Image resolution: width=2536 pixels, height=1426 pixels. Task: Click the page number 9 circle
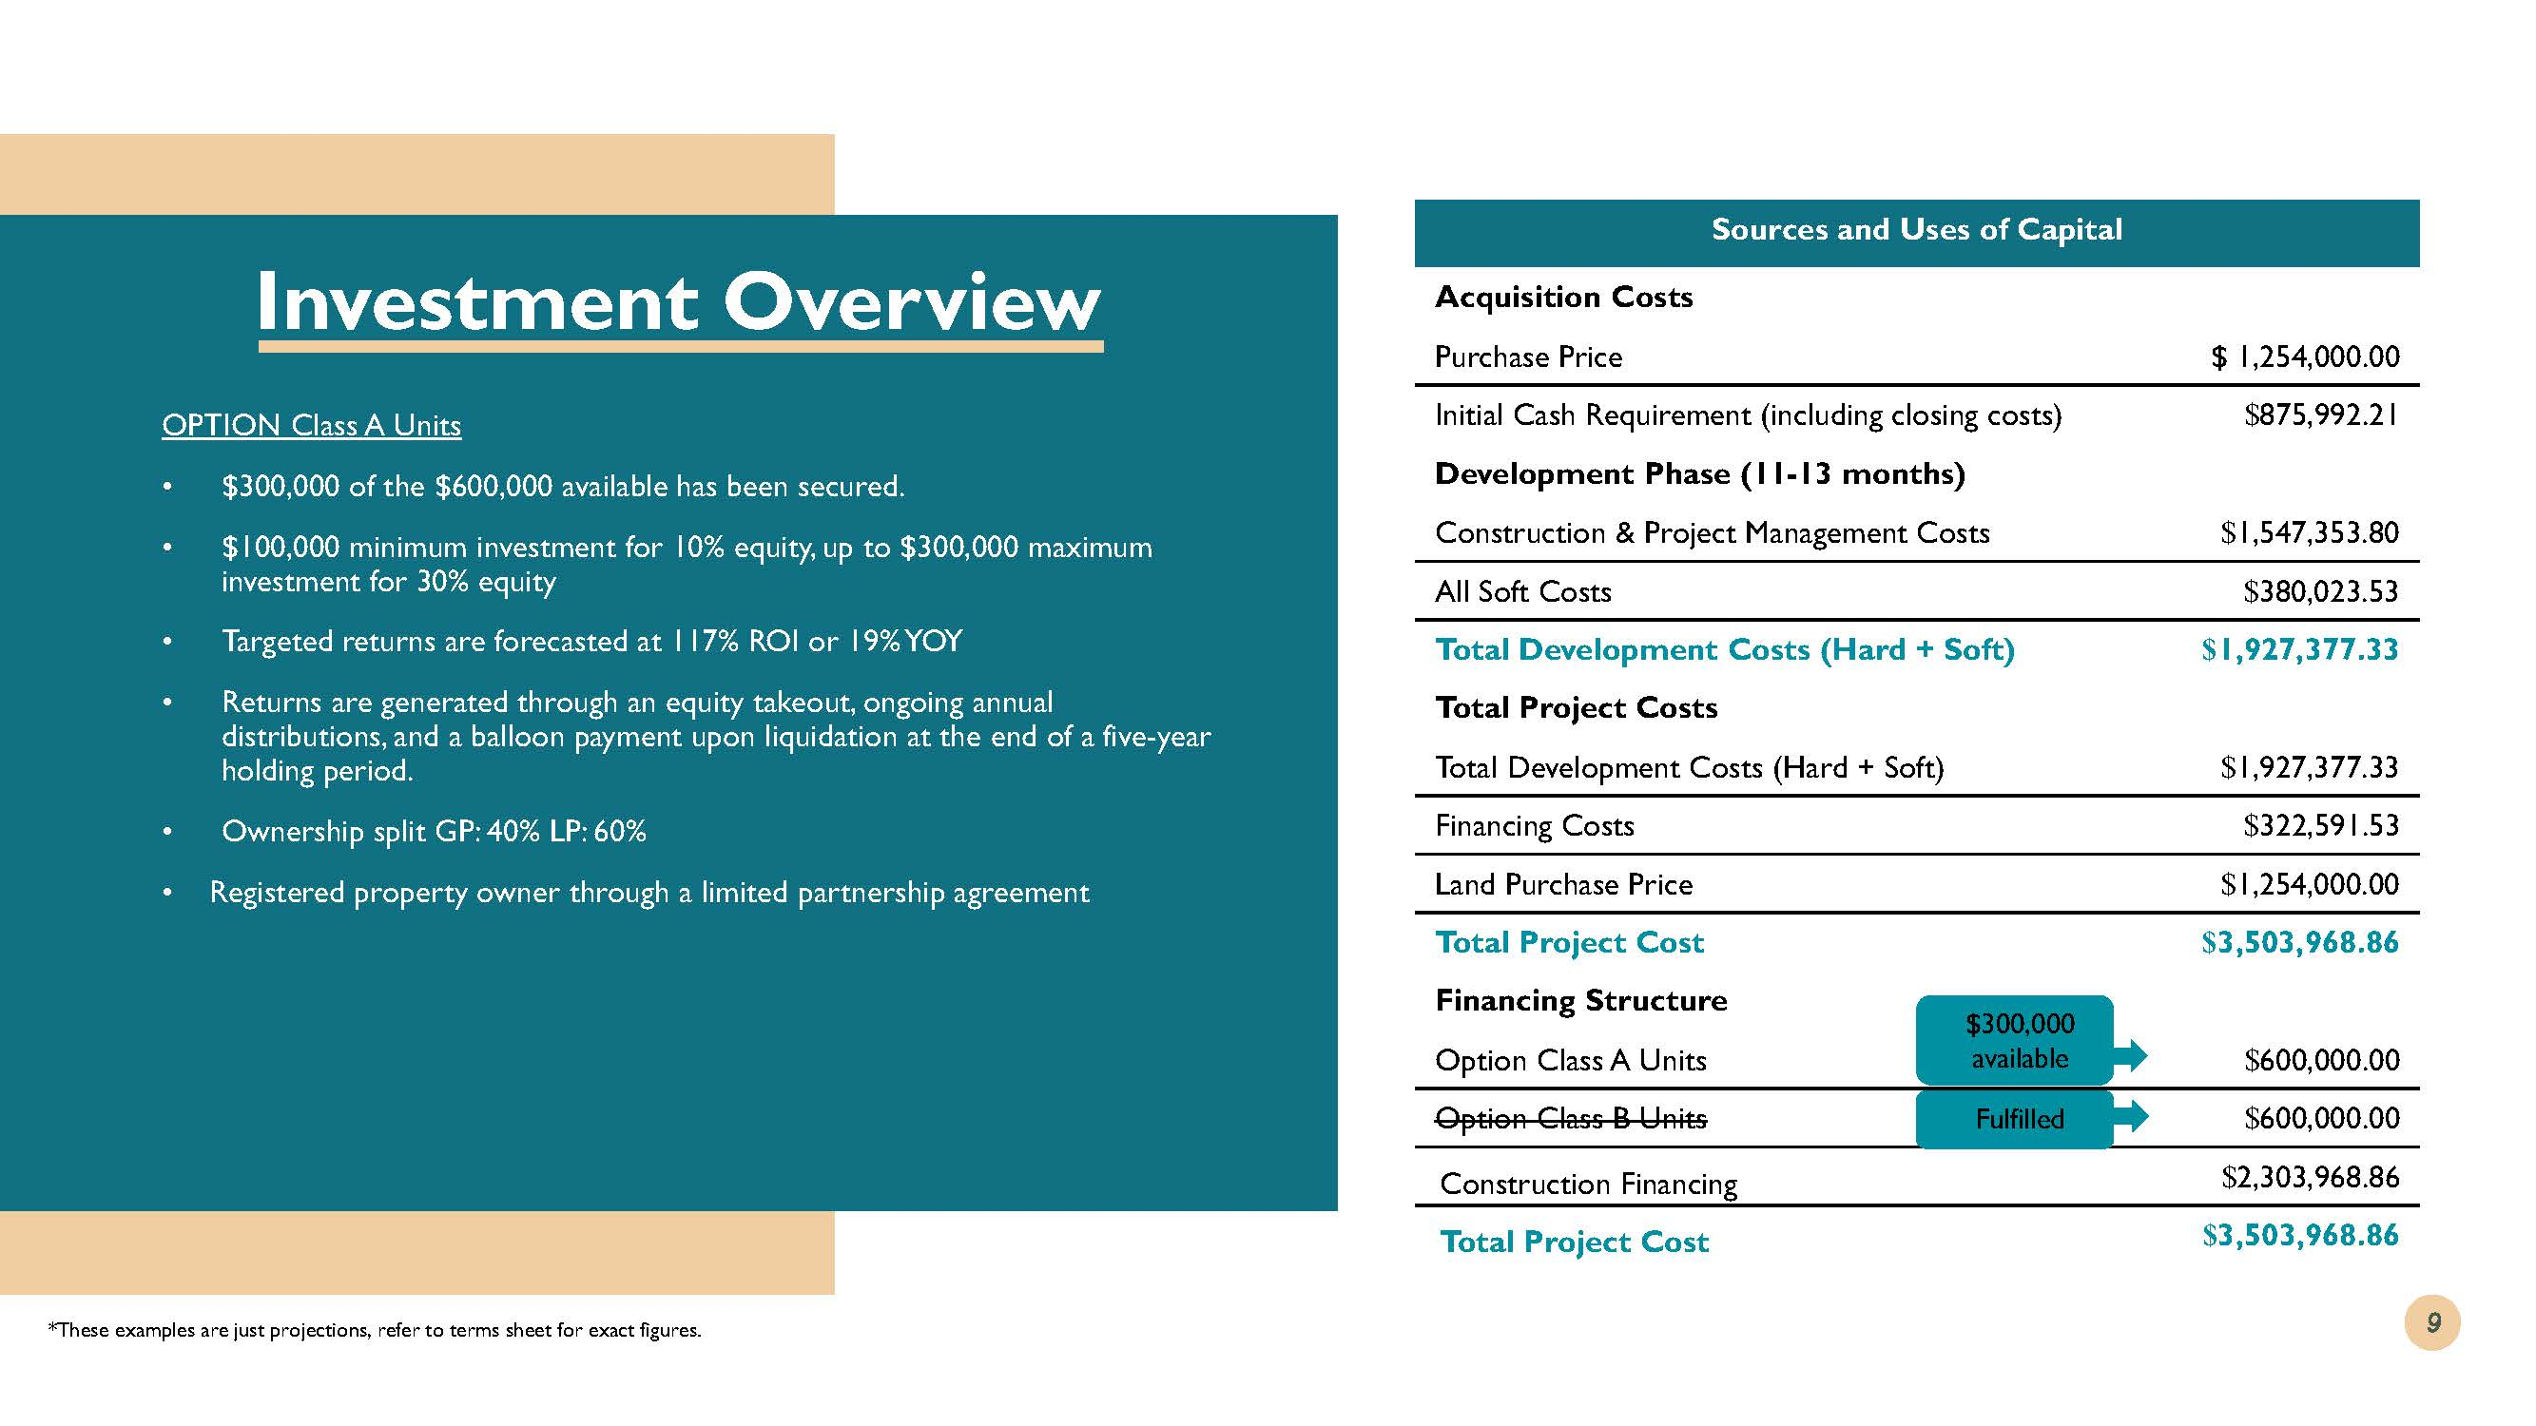2431,1321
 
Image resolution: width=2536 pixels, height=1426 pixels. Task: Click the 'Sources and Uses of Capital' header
1916,230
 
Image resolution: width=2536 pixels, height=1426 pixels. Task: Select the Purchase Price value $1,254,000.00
2305,356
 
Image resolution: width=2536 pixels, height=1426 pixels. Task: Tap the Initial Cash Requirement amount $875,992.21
2320,415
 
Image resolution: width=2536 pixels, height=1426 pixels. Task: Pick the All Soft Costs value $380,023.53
2320,591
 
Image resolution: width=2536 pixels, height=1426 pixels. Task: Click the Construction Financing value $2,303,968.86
2310,1177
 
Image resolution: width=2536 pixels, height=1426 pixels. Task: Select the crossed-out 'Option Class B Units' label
1570,1119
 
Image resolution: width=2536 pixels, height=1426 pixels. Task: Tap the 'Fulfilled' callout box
2014,1119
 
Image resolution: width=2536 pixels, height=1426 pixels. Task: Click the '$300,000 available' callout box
2014,1041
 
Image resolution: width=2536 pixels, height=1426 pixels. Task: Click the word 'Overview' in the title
912,302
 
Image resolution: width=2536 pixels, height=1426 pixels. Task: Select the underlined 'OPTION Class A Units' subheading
311,425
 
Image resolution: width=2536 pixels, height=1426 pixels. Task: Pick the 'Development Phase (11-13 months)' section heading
1699,474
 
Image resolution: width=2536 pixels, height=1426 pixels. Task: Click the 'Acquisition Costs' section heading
1563,298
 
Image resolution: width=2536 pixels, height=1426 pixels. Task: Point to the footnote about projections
374,1331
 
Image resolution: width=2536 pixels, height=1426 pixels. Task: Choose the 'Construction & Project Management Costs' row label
1712,533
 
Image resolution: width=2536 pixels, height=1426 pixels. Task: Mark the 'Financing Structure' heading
1581,1001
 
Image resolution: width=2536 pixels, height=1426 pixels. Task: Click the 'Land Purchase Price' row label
1563,885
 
